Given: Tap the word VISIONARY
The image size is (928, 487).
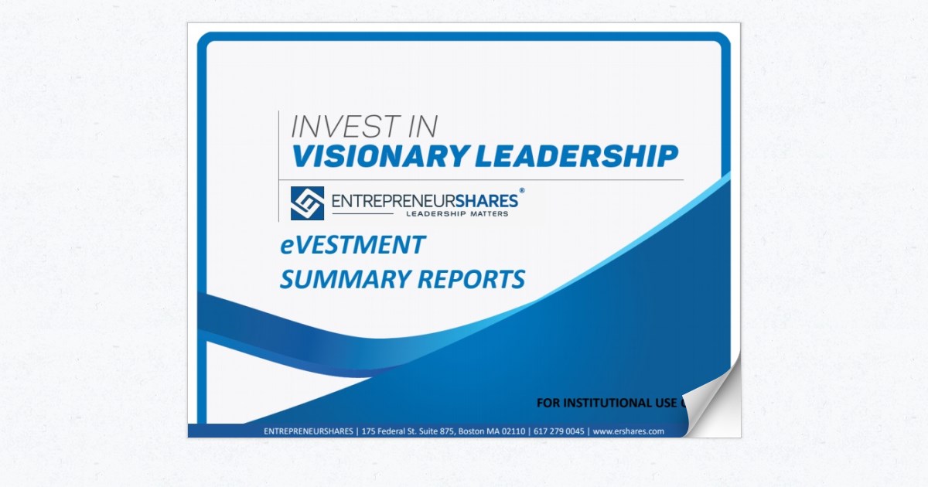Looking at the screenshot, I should (380, 156).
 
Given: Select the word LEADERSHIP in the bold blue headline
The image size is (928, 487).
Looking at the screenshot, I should (576, 156).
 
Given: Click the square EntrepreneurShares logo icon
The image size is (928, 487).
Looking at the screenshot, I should (307, 203).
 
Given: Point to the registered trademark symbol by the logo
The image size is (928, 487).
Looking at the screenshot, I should (521, 190).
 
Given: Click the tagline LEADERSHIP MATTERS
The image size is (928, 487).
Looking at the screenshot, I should (457, 213).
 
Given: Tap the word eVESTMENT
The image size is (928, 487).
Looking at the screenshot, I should (353, 245).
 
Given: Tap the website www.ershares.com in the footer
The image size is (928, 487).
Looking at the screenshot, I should (629, 431).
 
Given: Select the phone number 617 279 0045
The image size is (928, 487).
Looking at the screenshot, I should (558, 431).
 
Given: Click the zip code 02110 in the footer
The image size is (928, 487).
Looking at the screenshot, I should (513, 431).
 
